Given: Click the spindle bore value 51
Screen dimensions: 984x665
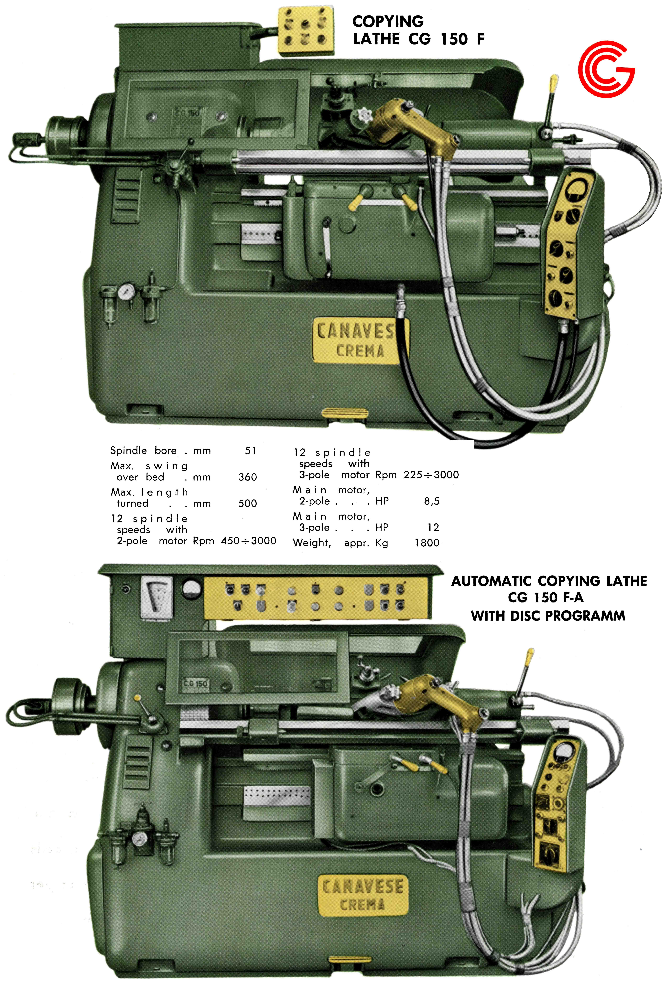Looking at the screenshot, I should [x=250, y=451].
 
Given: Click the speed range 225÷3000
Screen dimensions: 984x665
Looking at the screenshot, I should [x=431, y=475].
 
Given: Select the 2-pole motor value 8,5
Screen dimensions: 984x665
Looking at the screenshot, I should [x=432, y=501].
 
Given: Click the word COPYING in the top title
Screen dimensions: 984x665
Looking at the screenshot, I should [x=388, y=21].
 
